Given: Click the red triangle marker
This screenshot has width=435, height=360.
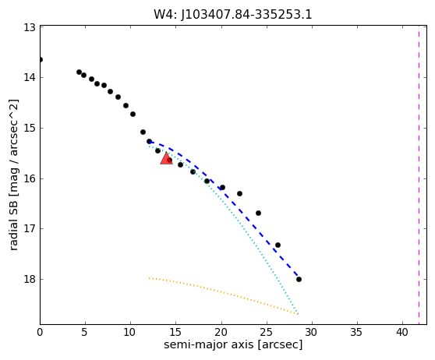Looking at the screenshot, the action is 166,159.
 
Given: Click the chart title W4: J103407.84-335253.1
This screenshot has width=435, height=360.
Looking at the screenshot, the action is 233,15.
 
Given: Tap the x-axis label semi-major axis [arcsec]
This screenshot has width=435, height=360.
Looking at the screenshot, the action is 233,344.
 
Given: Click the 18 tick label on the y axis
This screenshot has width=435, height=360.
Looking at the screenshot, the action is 30,279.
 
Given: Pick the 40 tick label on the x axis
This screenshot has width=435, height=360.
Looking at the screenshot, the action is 402,332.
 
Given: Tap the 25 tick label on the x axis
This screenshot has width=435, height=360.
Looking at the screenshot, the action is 267,332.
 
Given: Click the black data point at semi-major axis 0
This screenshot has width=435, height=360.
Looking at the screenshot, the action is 41,60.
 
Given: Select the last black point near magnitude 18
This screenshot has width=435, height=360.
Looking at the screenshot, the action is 299,279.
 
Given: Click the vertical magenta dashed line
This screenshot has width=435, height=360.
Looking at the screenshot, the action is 419,175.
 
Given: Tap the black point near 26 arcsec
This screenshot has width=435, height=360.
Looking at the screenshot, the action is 278,245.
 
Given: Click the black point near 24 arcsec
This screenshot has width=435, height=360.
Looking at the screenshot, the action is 258,213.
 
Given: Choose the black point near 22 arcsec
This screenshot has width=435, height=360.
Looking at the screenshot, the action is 239,193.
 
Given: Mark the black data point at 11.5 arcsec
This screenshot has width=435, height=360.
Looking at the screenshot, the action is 143,132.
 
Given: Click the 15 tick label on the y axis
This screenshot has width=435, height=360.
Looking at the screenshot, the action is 30,128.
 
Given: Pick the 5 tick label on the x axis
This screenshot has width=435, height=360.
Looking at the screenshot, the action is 85,332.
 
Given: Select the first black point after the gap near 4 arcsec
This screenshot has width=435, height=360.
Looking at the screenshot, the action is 79,72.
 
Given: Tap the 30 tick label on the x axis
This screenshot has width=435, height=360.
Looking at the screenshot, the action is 312,332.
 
